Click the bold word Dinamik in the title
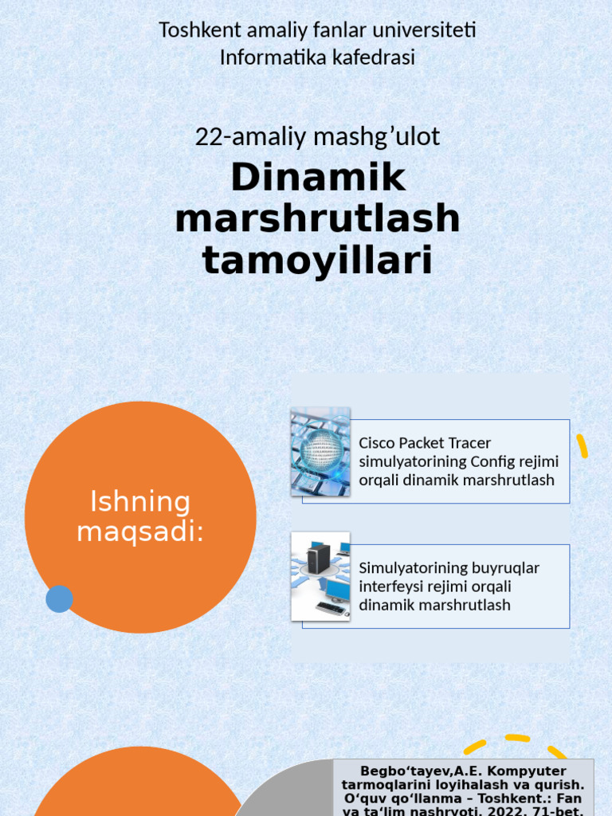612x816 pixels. coord(318,178)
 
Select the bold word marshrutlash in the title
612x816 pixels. coord(318,219)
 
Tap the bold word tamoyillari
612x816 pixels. coord(318,261)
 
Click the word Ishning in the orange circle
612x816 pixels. coord(140,502)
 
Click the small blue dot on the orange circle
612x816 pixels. coord(59,598)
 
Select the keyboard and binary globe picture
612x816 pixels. coord(320,451)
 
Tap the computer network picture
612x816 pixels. coord(320,576)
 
